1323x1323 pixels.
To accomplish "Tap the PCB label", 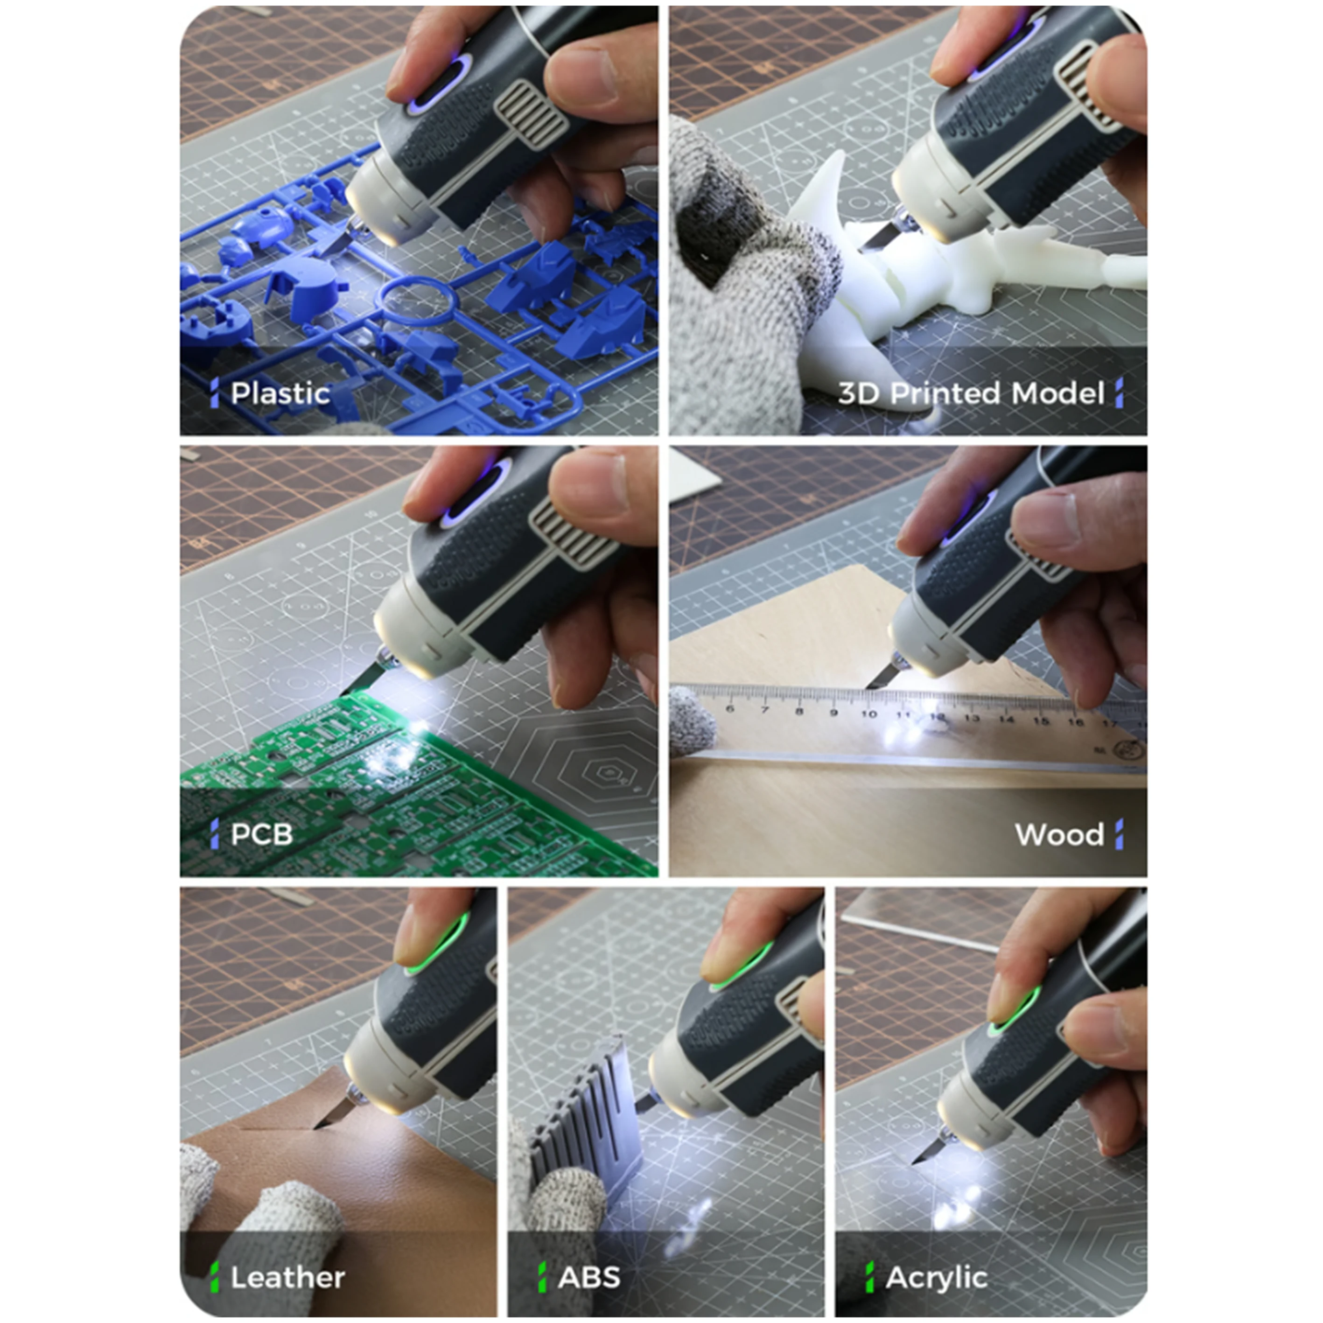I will click(262, 834).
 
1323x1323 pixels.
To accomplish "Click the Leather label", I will click(287, 1277).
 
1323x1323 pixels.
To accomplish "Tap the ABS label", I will click(589, 1277).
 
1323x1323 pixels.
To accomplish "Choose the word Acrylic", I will click(936, 1277).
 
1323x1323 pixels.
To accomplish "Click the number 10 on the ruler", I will click(868, 714).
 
